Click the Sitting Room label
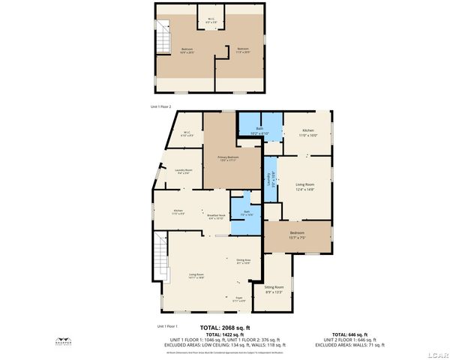[x=274, y=288]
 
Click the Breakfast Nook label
[x=216, y=216]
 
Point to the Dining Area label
[x=243, y=261]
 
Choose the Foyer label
[x=240, y=298]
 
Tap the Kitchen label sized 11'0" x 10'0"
[x=308, y=133]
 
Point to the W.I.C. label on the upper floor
[x=211, y=20]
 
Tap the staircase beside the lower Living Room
[x=159, y=255]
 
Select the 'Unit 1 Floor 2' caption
[x=161, y=108]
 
